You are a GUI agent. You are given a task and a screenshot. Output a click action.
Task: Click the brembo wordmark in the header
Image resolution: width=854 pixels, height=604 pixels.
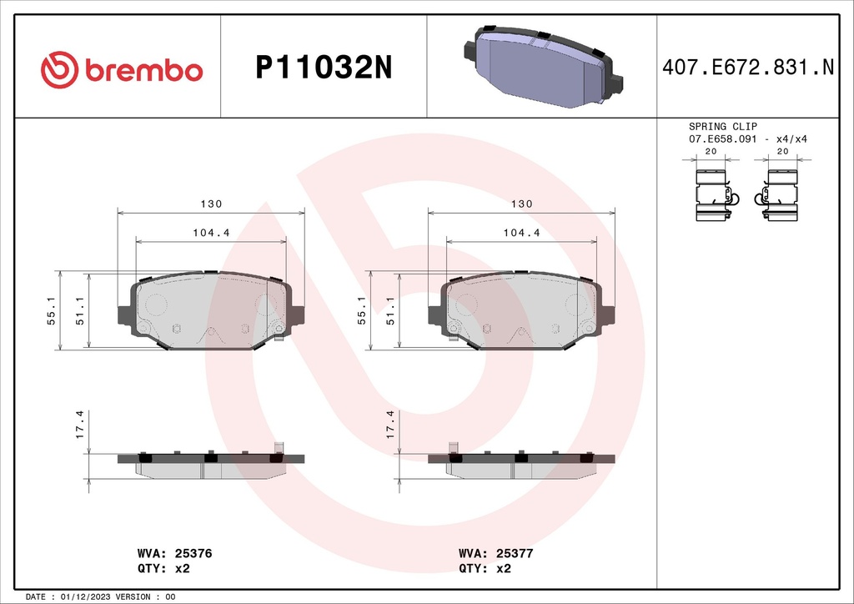tap(143, 71)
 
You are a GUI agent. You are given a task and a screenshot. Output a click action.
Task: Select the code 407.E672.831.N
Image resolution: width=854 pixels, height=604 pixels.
tap(748, 67)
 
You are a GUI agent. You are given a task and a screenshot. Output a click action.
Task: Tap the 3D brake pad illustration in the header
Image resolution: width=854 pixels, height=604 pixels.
tap(543, 67)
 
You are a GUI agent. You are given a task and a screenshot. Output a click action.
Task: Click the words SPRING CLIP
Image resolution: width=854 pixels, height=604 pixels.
tap(723, 126)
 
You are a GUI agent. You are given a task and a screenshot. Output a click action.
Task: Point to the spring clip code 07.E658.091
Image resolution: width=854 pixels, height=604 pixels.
tap(723, 138)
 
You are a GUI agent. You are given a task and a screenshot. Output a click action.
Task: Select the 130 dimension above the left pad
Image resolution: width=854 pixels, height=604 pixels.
tap(211, 204)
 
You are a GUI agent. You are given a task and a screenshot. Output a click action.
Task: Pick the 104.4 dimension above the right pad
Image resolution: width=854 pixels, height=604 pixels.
tap(521, 233)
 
